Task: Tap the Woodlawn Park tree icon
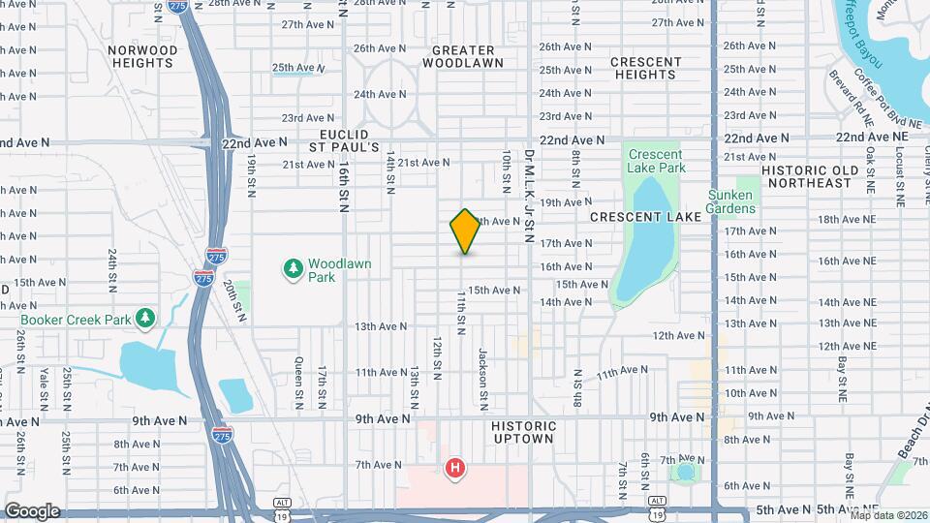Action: coord(291,266)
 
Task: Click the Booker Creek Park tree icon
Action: coord(145,317)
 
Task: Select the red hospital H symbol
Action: coord(453,469)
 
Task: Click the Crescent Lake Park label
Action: coord(656,161)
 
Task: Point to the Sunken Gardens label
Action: coord(758,201)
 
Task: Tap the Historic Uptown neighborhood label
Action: coord(524,432)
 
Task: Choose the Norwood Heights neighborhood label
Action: coord(143,56)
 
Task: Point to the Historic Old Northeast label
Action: coord(810,176)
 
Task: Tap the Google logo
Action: coord(31,510)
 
